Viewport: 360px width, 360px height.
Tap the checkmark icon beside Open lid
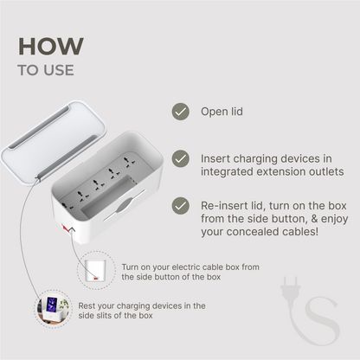pyautogui.click(x=180, y=112)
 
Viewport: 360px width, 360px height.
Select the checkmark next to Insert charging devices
pyautogui.click(x=180, y=158)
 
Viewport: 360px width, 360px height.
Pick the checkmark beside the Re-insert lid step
pyautogui.click(x=180, y=205)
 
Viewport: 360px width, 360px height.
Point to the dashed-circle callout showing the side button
pyautogui.click(x=94, y=271)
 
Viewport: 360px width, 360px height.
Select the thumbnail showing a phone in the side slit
pyautogui.click(x=51, y=310)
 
